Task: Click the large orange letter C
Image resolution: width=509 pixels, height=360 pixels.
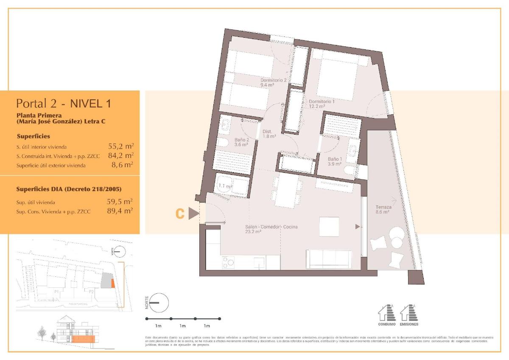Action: [180, 214]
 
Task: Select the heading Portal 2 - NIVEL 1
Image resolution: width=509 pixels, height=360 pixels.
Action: [64, 103]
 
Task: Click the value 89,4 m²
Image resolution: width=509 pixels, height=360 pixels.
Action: [120, 210]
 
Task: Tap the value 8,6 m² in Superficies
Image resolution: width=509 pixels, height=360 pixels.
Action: [122, 165]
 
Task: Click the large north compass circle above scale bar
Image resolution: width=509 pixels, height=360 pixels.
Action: [159, 303]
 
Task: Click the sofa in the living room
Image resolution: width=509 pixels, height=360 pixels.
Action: [329, 259]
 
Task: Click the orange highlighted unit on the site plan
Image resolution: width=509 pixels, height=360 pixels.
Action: [112, 283]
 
